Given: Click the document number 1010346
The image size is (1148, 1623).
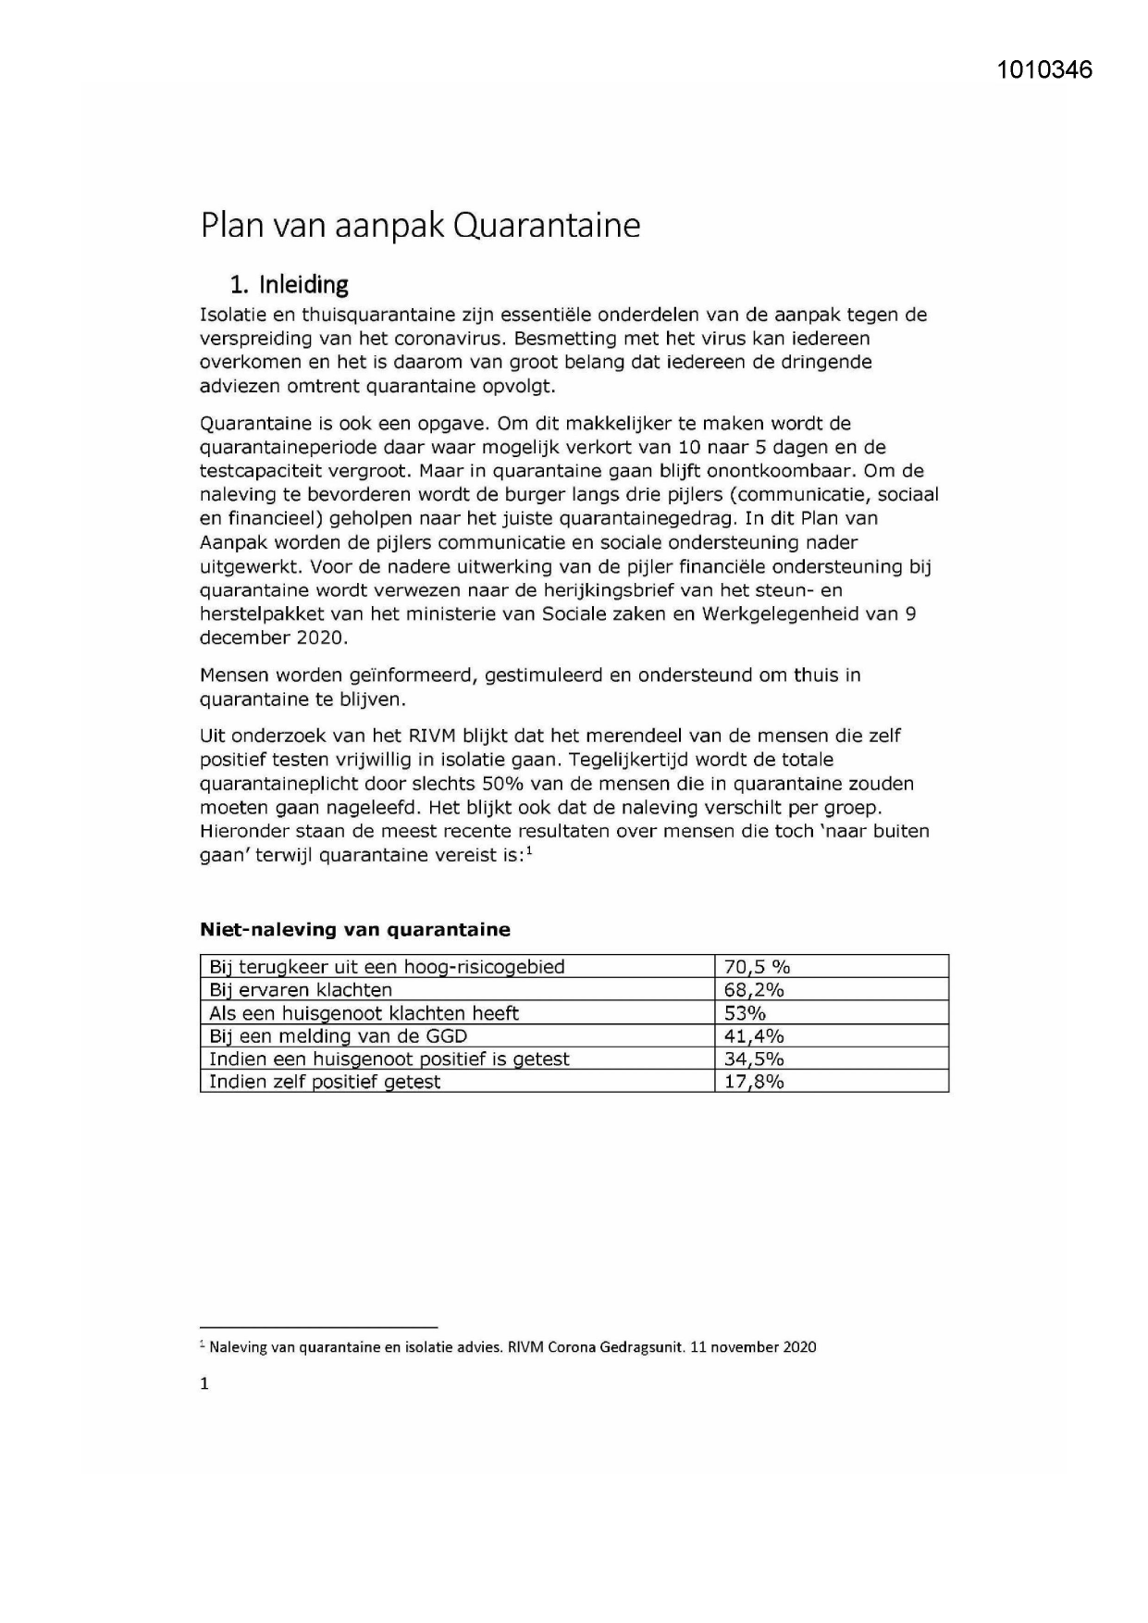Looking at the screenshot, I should pos(1044,69).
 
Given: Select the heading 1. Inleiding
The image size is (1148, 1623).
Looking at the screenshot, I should pos(290,283).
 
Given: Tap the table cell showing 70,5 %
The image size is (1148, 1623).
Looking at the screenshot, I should pos(757,967).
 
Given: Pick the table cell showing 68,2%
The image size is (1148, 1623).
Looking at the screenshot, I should pos(754,990).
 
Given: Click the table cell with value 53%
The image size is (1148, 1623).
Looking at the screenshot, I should pos(745,1013).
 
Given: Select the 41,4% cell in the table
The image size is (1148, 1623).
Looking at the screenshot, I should pos(754,1036).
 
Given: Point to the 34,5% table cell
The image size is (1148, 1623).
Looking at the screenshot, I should pos(754,1059).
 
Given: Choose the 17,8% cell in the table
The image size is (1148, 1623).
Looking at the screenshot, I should pos(754,1082).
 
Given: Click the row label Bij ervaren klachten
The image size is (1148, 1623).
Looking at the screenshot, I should pos(301,990).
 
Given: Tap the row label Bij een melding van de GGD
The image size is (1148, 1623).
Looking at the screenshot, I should pos(338,1036).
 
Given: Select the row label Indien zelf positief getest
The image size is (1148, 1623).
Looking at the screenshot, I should pos(325,1082).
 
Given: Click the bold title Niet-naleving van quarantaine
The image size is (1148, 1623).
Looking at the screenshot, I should pos(355,929).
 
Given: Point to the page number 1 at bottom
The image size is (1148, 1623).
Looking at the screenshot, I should pos(204,1384).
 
